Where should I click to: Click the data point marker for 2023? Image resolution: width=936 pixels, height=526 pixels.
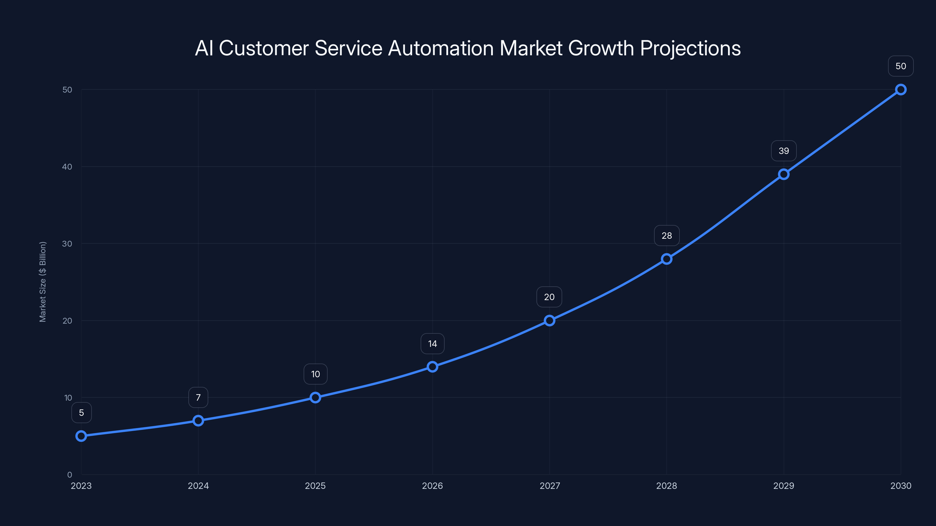[x=81, y=436]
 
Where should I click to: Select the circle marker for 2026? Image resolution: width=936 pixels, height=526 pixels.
[x=432, y=367]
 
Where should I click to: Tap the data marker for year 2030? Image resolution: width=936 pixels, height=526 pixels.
[x=901, y=90]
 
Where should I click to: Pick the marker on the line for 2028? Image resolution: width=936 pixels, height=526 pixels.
[x=666, y=259]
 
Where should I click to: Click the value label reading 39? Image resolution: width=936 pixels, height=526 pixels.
[x=784, y=151]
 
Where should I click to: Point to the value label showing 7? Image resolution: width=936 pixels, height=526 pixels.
[x=198, y=397]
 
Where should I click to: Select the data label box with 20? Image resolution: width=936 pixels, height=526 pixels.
[x=549, y=297]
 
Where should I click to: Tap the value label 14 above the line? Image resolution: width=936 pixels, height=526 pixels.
[x=432, y=344]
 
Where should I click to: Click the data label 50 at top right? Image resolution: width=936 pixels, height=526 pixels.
[x=901, y=66]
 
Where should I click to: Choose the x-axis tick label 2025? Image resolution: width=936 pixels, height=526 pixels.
[x=315, y=486]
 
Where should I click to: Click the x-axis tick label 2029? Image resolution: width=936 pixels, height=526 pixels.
[x=784, y=486]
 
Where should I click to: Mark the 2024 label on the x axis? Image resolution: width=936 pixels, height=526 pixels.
[x=198, y=486]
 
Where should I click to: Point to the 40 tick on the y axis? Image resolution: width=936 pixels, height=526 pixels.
[x=67, y=167]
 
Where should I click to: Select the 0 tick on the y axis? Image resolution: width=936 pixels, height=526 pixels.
[x=69, y=475]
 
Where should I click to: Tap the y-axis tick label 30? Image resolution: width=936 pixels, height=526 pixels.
[x=67, y=244]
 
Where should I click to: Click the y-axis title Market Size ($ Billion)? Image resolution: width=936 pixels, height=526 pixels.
[x=43, y=282]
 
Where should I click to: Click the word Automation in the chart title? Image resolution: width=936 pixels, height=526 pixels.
[x=441, y=48]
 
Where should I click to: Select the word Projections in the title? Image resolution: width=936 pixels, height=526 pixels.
[x=690, y=48]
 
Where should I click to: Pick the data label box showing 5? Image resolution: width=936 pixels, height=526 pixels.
[x=81, y=413]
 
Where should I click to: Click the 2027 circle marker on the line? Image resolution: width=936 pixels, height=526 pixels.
[x=549, y=321]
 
